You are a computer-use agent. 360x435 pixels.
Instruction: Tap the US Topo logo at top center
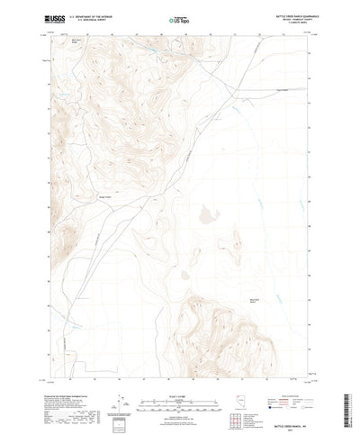pyautogui.click(x=179, y=17)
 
